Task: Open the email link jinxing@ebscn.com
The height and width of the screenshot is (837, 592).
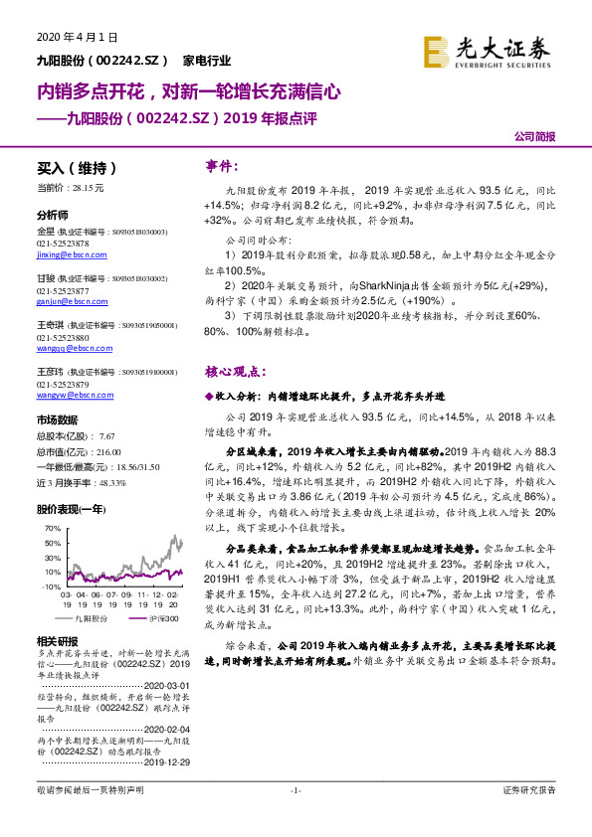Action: [x=65, y=254]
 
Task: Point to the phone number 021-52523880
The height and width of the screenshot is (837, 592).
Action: [x=63, y=337]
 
